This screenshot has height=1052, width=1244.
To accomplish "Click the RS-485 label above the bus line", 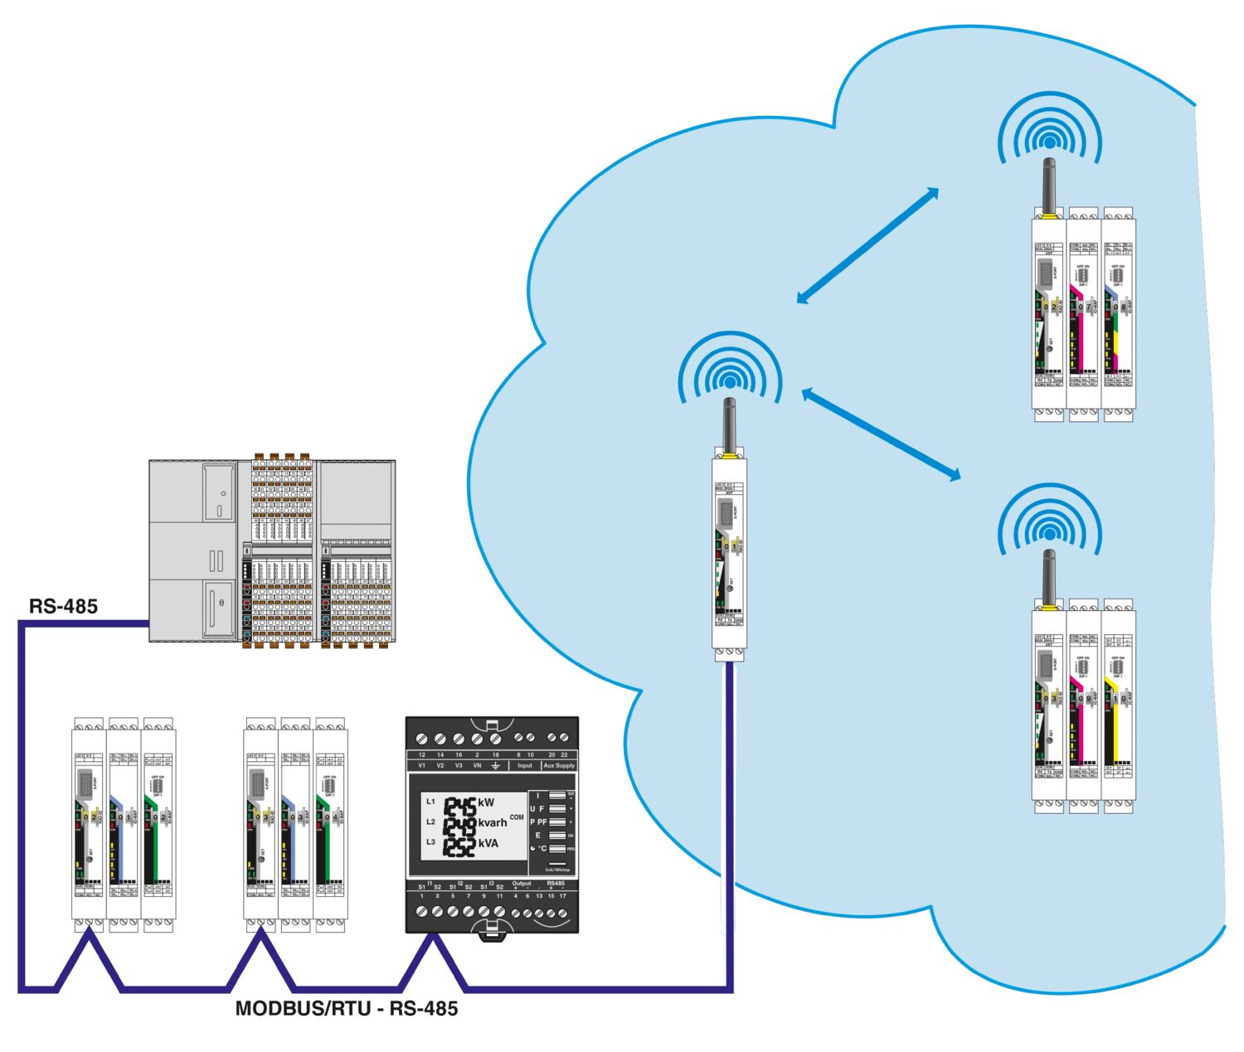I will pos(63,606).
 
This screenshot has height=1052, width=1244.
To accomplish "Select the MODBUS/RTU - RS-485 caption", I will pos(347,1008).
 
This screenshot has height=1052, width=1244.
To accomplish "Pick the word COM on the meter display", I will pos(517,817).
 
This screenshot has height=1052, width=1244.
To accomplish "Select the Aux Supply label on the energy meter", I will pos(559,766).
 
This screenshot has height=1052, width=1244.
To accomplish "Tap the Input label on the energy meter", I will pos(525,766).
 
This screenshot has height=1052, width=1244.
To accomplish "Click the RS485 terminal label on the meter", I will pos(556,884).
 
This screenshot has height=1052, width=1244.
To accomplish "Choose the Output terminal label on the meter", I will pos(521,884).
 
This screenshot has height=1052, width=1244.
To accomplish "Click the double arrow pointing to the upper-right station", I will pos(867,245).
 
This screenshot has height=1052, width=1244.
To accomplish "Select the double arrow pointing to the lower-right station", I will pos(882,434).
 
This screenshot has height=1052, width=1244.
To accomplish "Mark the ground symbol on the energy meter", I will pos(496,766).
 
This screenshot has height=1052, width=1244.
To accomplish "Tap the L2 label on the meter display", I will pos(430,822).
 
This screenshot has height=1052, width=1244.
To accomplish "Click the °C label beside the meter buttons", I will pos(541,849).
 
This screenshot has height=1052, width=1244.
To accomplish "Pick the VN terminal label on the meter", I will pos(477,766).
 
